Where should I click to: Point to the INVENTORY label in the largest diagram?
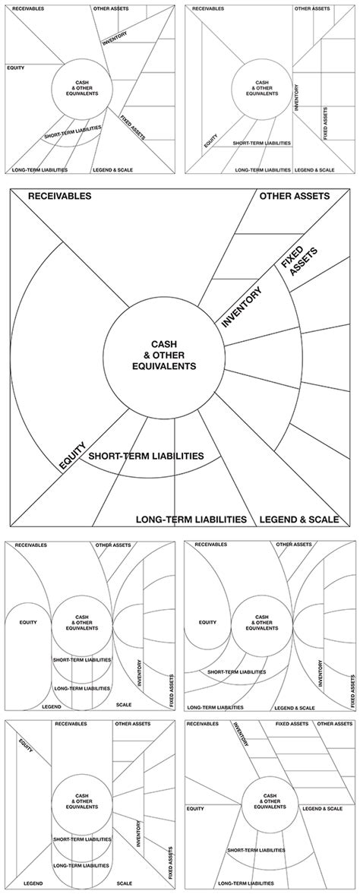[x=242, y=308]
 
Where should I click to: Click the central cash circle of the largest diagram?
[x=163, y=355]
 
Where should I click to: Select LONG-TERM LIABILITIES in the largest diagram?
[x=191, y=520]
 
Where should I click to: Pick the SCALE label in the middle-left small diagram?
[x=124, y=706]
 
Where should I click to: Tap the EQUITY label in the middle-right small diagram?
[x=207, y=622]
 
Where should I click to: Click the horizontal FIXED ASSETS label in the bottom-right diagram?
[x=292, y=725]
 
